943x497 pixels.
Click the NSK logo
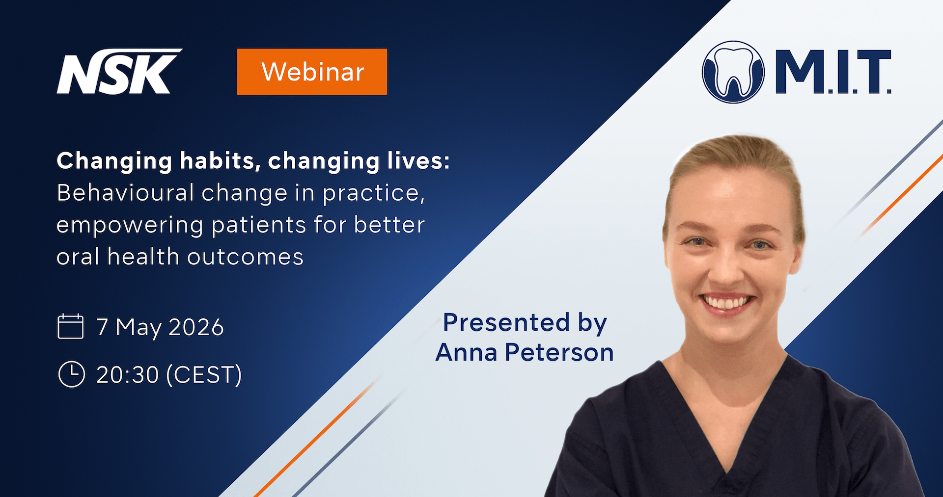pos(119,72)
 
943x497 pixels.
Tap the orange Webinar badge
pos(312,72)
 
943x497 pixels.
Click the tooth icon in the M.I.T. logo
pos(733,72)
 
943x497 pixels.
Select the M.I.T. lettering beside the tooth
pos(833,72)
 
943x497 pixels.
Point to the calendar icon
pos(71,326)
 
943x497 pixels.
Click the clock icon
pos(72,374)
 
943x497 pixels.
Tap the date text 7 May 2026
pos(160,327)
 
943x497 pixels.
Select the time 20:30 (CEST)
pos(169,375)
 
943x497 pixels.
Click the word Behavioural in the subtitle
pos(126,193)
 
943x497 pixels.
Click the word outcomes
pos(246,257)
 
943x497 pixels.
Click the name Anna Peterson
pos(525,352)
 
